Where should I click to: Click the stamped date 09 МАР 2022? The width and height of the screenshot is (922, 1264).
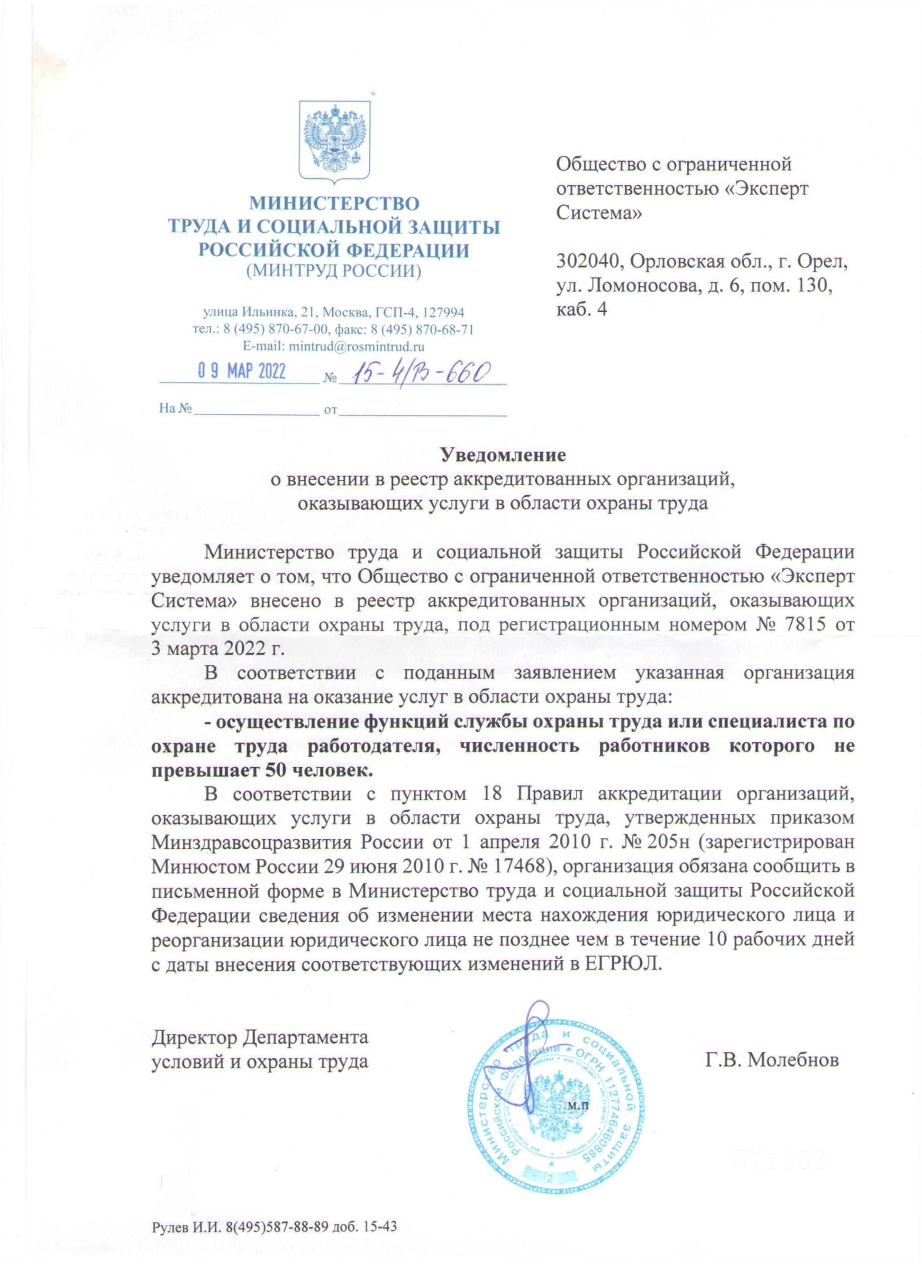click(x=242, y=372)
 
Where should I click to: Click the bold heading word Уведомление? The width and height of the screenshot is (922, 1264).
click(x=503, y=455)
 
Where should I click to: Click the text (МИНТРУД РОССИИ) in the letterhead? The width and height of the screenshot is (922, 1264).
click(x=334, y=271)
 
